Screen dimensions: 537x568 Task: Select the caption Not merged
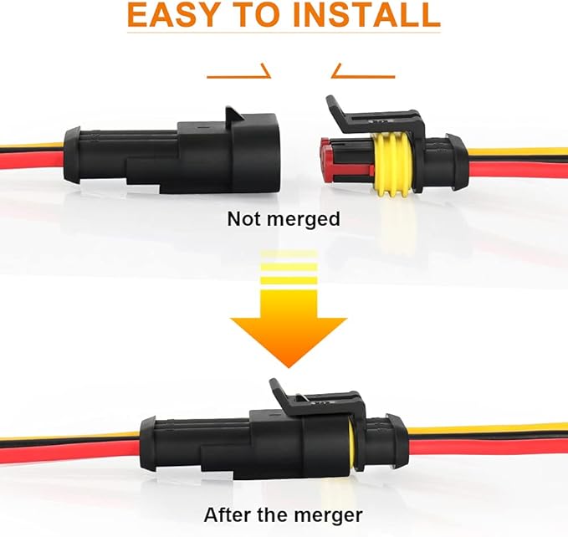tap(284, 219)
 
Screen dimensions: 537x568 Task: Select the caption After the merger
tap(284, 514)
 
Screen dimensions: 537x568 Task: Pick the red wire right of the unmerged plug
tap(519, 166)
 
